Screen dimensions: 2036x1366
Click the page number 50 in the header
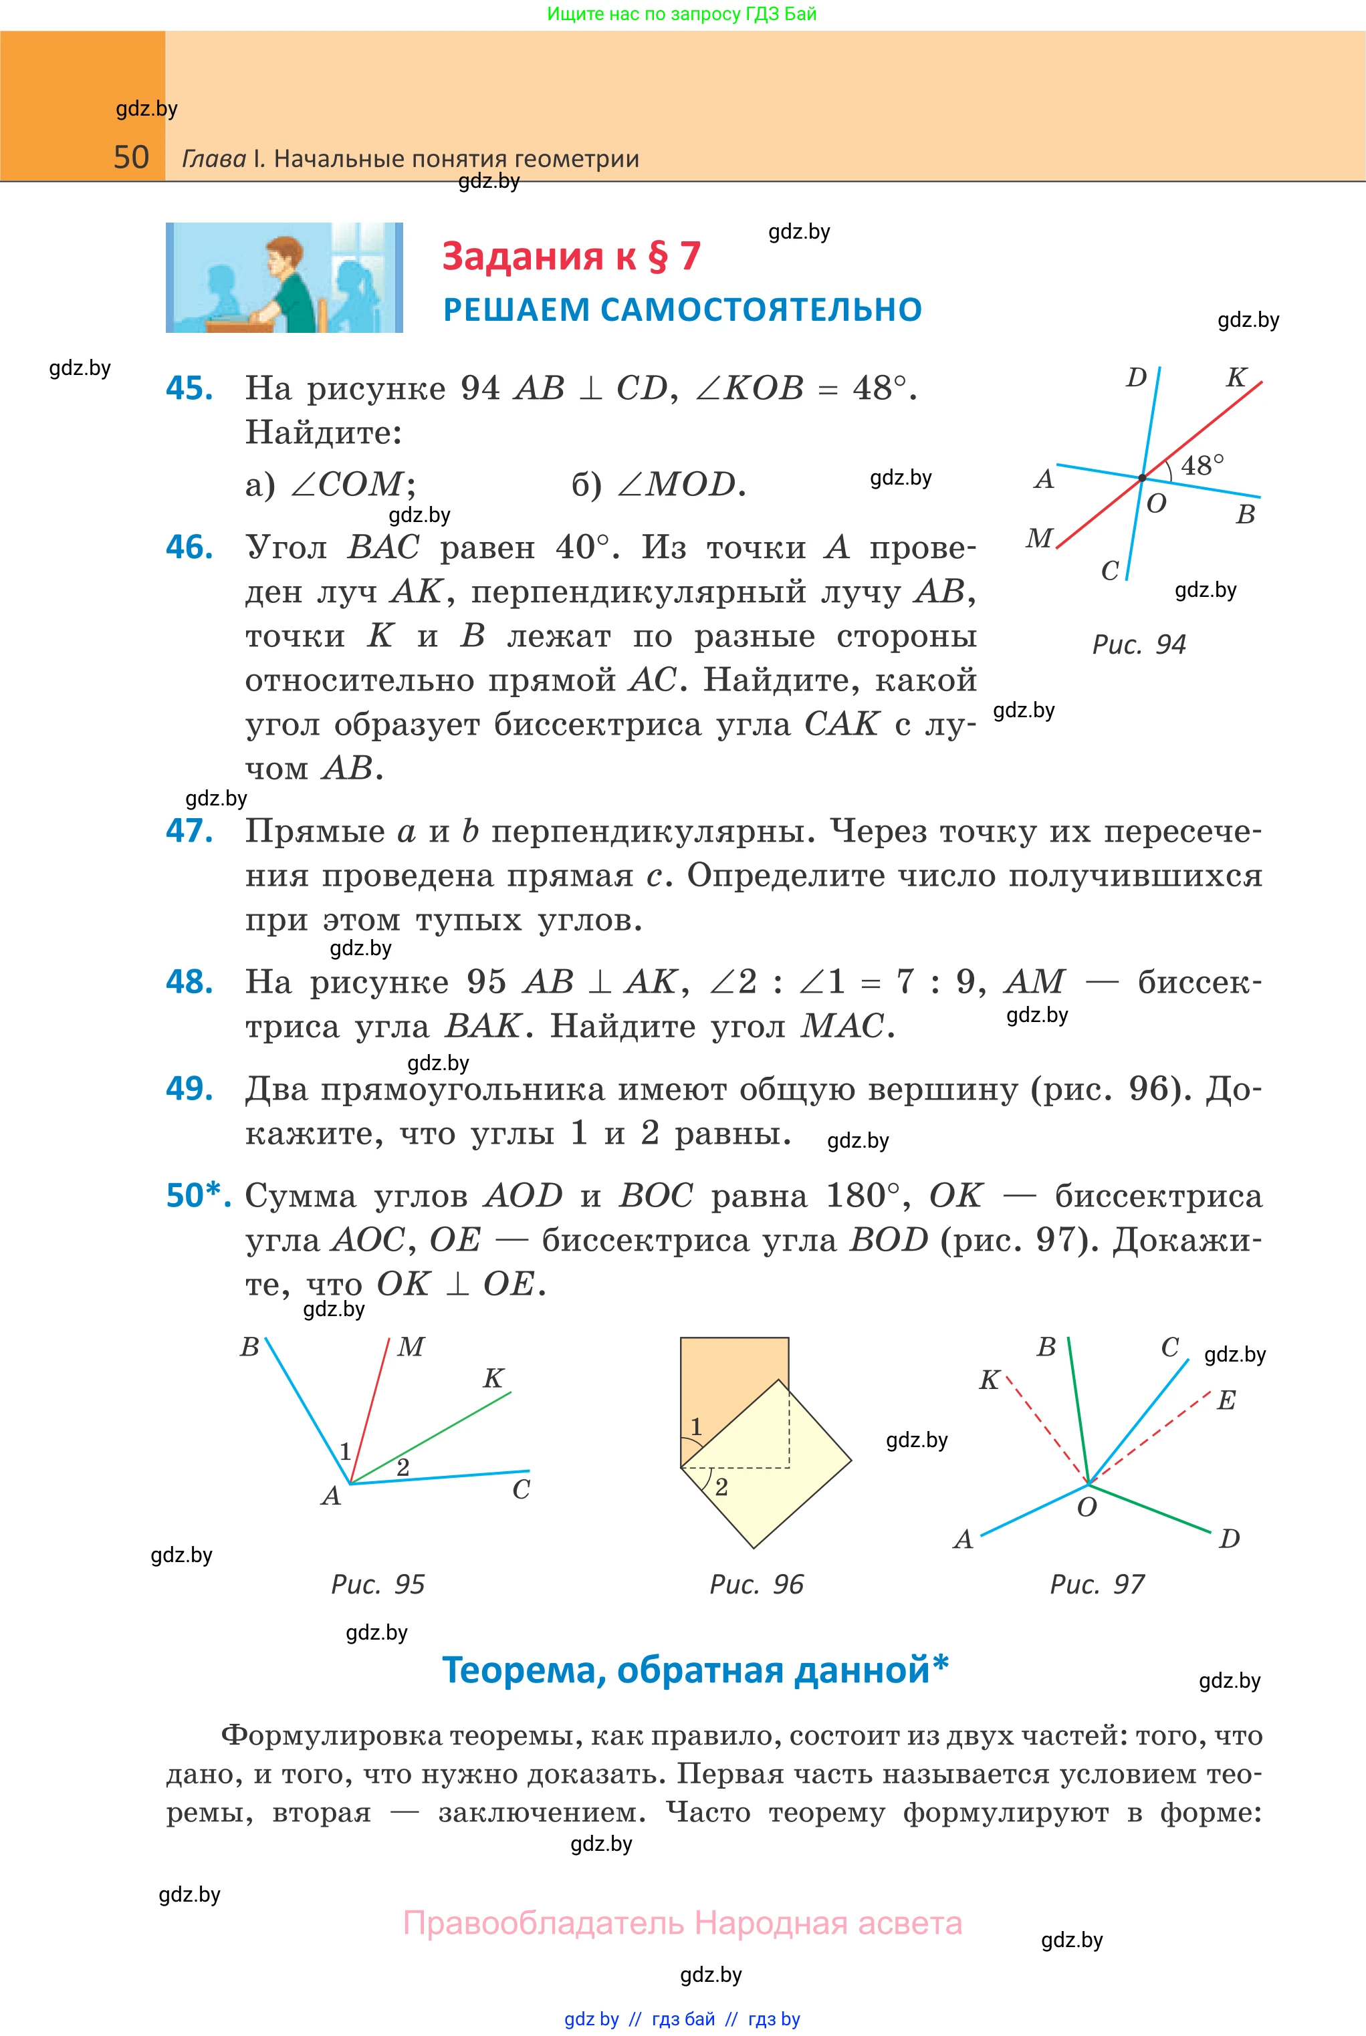point(132,158)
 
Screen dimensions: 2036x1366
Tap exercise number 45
point(189,388)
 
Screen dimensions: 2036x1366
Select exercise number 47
point(189,831)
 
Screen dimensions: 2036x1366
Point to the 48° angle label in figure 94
point(1202,465)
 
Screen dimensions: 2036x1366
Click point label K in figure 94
point(1236,377)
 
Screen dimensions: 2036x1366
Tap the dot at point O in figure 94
point(1142,478)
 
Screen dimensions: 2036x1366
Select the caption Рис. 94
point(1139,644)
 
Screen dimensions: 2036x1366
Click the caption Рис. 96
point(756,1584)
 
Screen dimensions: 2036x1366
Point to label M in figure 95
point(411,1347)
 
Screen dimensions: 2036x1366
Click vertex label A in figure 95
point(331,1496)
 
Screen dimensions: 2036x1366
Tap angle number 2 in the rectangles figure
point(721,1487)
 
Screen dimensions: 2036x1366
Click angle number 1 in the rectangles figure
point(696,1426)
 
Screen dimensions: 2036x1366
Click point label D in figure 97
point(1229,1539)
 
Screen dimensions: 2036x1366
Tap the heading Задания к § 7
point(570,256)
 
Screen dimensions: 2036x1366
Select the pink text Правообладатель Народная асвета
point(682,1923)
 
